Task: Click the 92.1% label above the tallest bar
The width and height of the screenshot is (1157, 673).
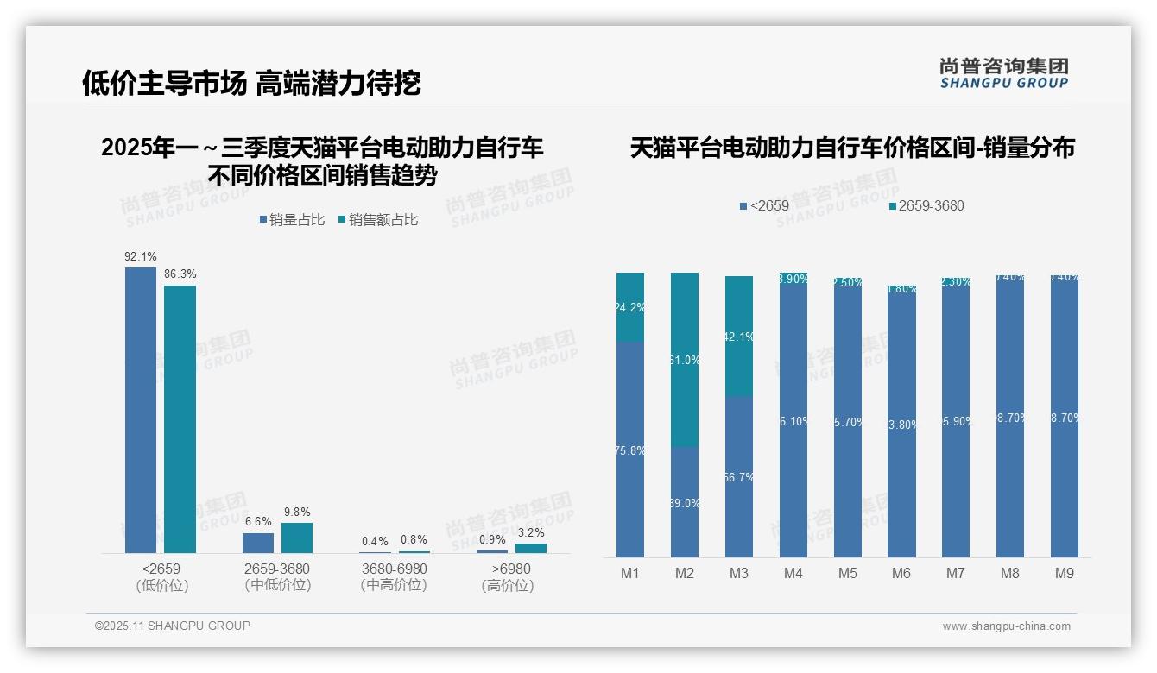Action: [x=141, y=256]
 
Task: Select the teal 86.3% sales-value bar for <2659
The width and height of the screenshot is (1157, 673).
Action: [x=180, y=418]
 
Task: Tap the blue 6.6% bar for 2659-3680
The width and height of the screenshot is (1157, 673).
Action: [x=257, y=543]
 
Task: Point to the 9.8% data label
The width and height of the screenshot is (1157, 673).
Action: [x=296, y=512]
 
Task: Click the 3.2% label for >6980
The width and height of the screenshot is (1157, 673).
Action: [x=531, y=532]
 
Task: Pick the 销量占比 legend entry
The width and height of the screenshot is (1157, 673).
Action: [x=292, y=220]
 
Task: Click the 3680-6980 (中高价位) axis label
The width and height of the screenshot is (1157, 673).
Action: [x=394, y=576]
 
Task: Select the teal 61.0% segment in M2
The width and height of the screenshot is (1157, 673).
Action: [x=685, y=360]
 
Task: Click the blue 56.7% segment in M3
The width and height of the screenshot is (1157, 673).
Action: [x=739, y=476]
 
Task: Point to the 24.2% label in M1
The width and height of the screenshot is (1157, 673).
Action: [x=630, y=307]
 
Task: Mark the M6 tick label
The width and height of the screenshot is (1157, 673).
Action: [x=901, y=573]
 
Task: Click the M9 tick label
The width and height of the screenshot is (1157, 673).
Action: [x=1065, y=573]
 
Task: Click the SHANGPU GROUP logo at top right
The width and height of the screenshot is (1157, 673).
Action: [x=1003, y=72]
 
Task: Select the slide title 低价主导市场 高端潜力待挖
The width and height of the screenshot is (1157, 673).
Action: [x=251, y=83]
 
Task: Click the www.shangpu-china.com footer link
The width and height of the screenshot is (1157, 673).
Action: [x=1006, y=626]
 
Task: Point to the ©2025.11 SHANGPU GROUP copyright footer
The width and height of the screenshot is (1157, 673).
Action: [x=173, y=626]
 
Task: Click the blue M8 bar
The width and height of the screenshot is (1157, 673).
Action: [x=1010, y=418]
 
